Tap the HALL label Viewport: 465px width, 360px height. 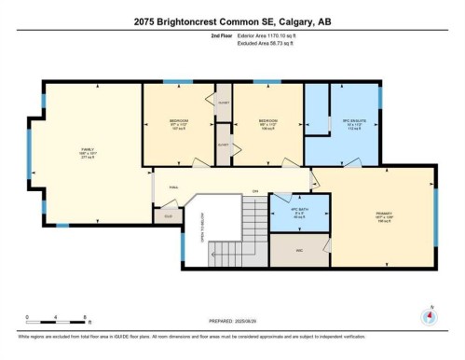point(173,187)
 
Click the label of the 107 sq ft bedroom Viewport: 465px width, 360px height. point(178,123)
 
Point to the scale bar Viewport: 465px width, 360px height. point(57,314)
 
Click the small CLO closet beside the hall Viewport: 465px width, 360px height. point(168,215)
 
